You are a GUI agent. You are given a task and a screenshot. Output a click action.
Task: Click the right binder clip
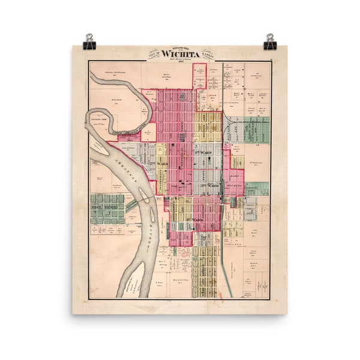coord(269,41)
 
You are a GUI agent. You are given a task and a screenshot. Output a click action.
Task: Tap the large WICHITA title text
coord(180,53)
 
